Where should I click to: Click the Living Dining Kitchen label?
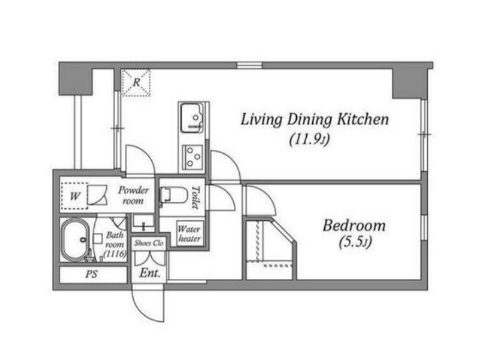[314, 120]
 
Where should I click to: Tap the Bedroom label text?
[354, 226]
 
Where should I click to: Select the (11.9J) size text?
[310, 140]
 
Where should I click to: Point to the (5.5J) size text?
[355, 242]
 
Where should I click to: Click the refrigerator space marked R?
[136, 82]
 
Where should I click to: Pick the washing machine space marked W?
[75, 196]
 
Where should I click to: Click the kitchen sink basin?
[192, 118]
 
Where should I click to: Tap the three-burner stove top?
[193, 157]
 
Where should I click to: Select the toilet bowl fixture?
[173, 195]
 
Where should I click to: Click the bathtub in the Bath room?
[76, 240]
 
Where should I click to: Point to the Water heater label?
[189, 234]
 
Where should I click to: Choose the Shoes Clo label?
[149, 243]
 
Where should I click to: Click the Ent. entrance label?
[150, 273]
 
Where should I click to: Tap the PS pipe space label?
[92, 274]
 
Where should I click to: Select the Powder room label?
[133, 195]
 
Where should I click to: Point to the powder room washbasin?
[143, 223]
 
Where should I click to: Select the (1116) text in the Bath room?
[115, 254]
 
